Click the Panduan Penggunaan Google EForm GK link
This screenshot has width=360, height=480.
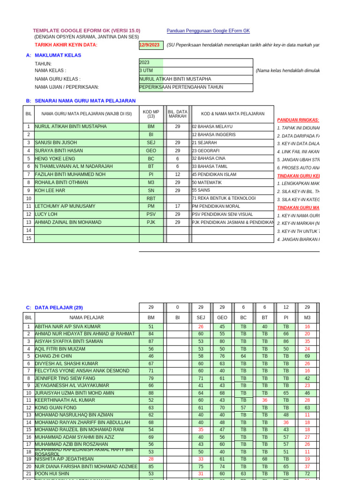click(x=208, y=30)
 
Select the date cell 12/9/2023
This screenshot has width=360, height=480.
click(x=150, y=45)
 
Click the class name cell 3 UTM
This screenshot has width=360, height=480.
click(x=146, y=70)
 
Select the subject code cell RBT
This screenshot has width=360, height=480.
click(x=151, y=198)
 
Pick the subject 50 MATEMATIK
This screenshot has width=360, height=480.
click(x=207, y=182)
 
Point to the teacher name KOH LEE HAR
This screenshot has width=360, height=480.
click(x=50, y=190)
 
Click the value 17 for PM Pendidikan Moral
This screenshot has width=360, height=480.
click(x=178, y=206)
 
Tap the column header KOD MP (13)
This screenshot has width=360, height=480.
click(x=151, y=113)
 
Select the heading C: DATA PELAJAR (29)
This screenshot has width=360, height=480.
click(x=54, y=307)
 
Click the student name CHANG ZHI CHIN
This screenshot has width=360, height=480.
click(x=53, y=356)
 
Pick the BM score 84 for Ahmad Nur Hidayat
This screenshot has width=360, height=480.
click(x=151, y=334)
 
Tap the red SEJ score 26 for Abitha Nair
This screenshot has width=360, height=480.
click(x=201, y=326)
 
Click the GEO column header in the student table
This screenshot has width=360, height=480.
click(x=222, y=317)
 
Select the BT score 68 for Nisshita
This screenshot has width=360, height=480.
click(x=265, y=459)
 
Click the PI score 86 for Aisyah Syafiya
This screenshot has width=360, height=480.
click(x=286, y=341)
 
